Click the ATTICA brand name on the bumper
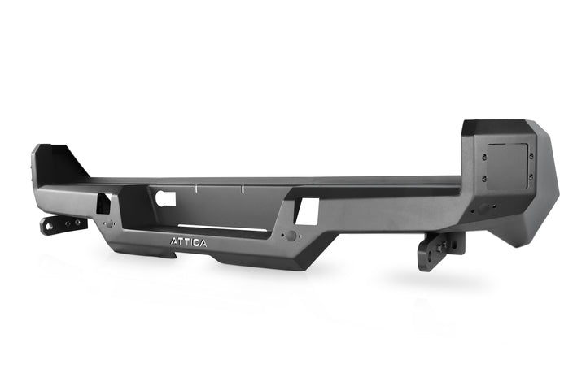pyautogui.click(x=188, y=241)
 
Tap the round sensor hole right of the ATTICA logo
pyautogui.click(x=291, y=236)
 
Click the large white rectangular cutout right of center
pyautogui.click(x=307, y=211)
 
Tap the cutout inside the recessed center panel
pyautogui.click(x=166, y=197)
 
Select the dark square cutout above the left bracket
pyautogui.click(x=103, y=203)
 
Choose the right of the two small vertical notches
pyautogui.click(x=243, y=190)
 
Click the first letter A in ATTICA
pyautogui.click(x=173, y=241)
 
